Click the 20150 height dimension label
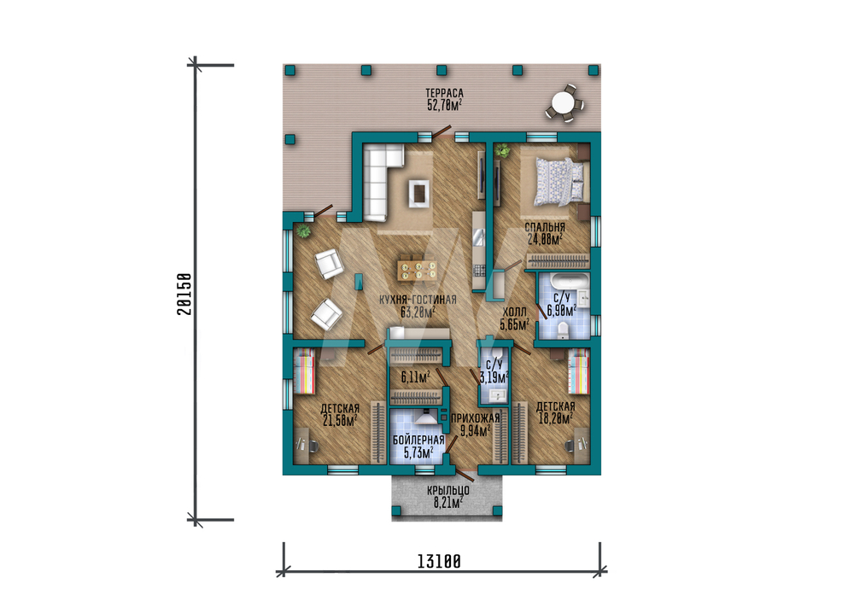(184, 294)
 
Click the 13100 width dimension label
(439, 561)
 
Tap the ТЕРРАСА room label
(444, 94)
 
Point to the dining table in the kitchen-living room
(418, 271)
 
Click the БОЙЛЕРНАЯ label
(418, 440)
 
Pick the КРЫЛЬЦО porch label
(447, 491)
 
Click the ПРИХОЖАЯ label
(476, 418)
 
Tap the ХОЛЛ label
(514, 312)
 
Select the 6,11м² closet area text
(415, 376)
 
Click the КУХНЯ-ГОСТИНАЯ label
(418, 300)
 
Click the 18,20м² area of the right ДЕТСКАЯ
(555, 418)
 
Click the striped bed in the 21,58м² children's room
(305, 371)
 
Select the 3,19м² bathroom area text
(494, 376)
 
